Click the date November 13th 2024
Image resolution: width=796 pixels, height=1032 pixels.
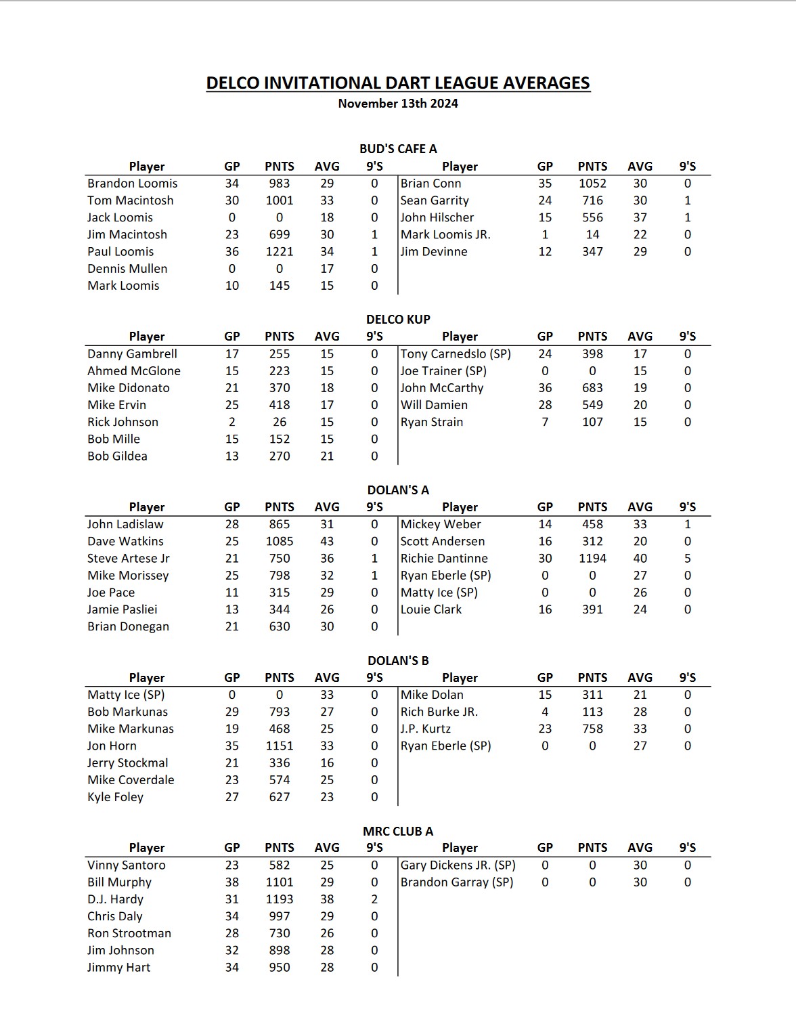[x=398, y=104]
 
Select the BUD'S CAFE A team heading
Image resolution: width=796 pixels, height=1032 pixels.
[x=398, y=149]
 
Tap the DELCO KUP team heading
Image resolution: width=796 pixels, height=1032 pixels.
[x=398, y=320]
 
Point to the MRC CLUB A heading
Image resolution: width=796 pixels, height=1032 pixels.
[x=398, y=832]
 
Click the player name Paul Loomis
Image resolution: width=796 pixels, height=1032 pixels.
[x=120, y=252]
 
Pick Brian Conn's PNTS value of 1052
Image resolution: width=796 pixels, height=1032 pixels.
[x=592, y=184]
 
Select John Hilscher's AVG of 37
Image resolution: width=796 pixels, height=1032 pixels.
[x=640, y=218]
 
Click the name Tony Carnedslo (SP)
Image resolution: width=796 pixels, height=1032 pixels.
[x=456, y=354]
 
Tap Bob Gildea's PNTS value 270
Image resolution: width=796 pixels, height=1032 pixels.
[x=279, y=456]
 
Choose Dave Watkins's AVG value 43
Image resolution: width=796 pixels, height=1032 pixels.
[x=327, y=542]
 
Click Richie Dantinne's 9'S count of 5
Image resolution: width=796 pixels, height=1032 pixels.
[x=688, y=559]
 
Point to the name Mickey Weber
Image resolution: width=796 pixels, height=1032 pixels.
[x=441, y=525]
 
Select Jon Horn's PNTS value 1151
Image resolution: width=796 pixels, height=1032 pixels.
[x=279, y=746]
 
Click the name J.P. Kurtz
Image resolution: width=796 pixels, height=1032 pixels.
[x=425, y=729]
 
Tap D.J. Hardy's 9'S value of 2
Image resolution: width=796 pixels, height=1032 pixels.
[x=374, y=900]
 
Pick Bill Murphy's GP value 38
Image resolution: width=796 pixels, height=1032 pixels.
[x=232, y=882]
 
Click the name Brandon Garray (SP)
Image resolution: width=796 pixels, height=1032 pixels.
[x=457, y=882]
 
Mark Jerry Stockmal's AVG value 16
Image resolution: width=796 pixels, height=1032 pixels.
[x=327, y=763]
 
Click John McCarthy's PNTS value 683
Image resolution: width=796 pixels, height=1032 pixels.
[x=592, y=388]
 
